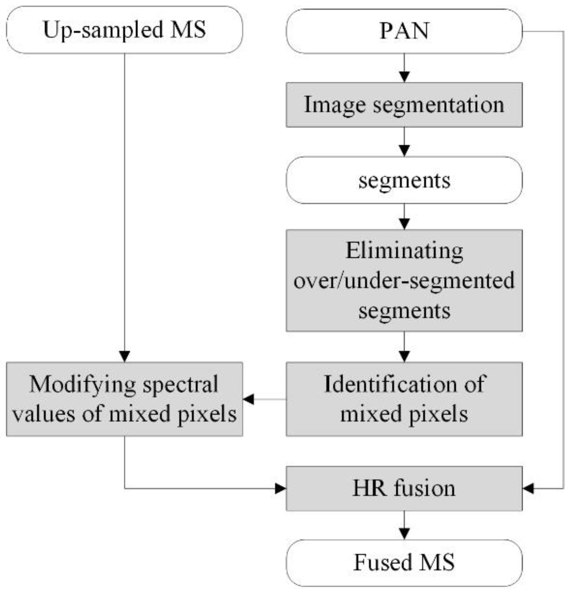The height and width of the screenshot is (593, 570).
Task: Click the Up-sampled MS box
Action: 124,30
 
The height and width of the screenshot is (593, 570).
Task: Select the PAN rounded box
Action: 404,31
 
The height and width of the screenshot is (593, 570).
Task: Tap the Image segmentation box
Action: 404,105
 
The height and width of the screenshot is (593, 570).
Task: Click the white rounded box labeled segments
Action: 404,180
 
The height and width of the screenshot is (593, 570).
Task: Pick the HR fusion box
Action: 404,488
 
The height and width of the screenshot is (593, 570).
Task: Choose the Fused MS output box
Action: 404,562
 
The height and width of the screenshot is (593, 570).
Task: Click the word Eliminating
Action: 404,251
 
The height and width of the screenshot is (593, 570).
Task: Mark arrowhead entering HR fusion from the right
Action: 528,488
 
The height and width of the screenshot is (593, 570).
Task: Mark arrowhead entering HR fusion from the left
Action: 280,488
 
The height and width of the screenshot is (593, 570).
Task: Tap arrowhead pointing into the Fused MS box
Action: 404,534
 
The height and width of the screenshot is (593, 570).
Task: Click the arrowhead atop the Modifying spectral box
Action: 124,356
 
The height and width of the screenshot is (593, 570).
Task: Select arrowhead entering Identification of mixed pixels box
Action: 404,356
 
